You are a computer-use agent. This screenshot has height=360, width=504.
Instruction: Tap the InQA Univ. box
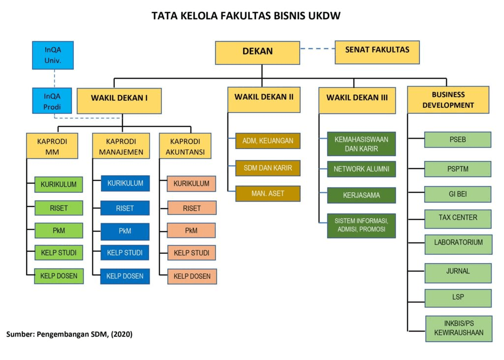pos(53,55)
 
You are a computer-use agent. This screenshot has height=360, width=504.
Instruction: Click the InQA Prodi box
pos(53,101)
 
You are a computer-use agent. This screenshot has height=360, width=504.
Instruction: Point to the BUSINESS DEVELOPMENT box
pos(448,100)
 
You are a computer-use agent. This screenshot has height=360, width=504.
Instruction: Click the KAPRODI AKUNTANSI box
pos(185,147)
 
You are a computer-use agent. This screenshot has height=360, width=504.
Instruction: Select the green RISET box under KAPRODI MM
pos(59,208)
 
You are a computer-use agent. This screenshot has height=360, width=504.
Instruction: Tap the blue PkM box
pos(125,231)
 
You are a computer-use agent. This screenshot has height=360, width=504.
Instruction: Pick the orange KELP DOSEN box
pos(192,276)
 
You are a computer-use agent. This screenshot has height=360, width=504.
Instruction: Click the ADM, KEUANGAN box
pos(268,141)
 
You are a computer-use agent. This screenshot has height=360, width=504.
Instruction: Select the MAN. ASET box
pos(268,193)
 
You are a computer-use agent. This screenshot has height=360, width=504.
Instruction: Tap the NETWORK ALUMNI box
pos(361,169)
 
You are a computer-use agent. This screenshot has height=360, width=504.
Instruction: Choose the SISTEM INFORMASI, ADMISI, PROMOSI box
pos(361,225)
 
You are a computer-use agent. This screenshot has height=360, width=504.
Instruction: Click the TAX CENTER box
pos(458,218)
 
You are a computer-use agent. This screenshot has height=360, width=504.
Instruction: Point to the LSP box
pos(458,298)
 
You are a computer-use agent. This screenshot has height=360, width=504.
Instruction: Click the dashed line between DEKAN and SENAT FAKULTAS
pos(317,49)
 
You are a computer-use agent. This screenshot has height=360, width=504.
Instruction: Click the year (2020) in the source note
pos(121,334)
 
